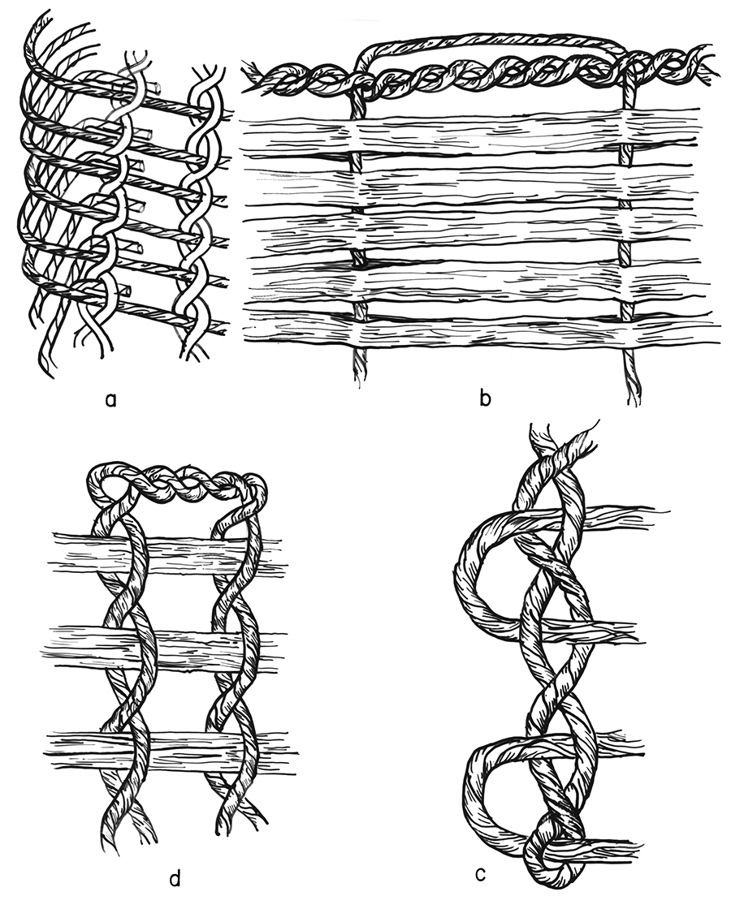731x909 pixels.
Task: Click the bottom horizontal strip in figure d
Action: pos(171,747)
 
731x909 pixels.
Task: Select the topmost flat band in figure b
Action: pos(470,135)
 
